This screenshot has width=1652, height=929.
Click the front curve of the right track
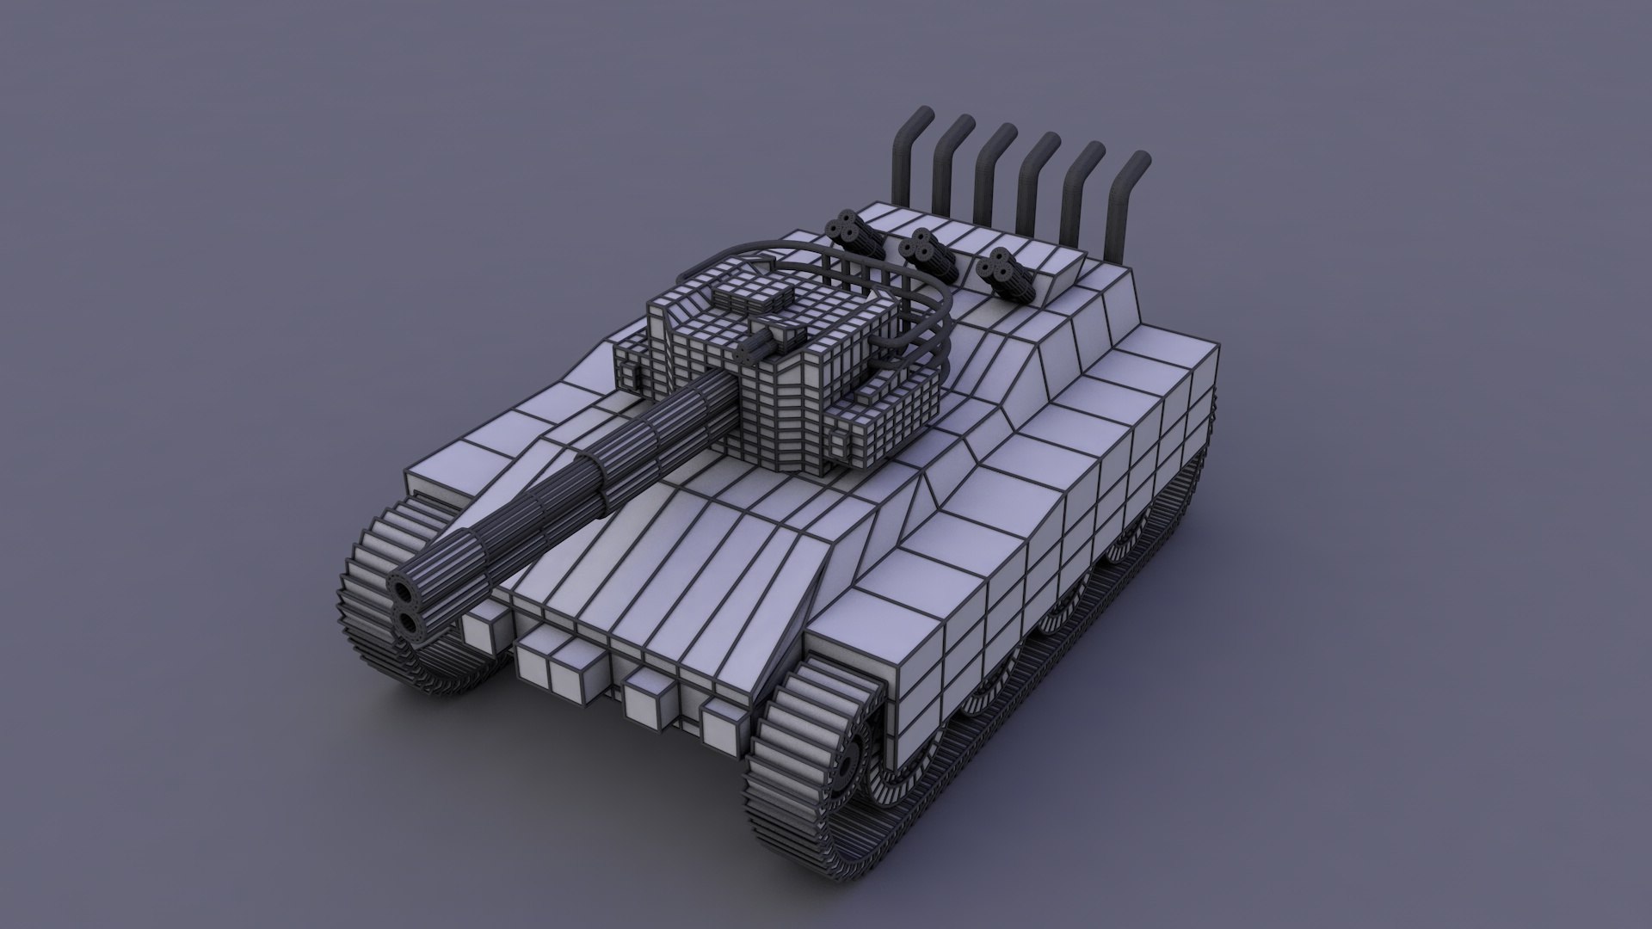(787, 774)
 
